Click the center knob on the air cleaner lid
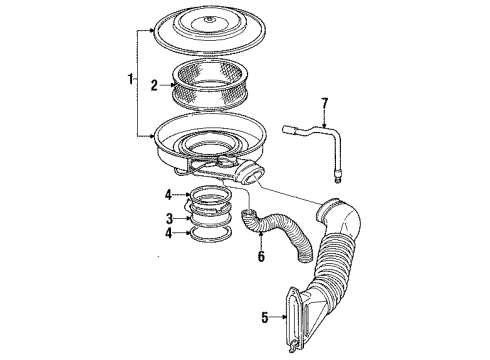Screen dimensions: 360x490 click(209, 19)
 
